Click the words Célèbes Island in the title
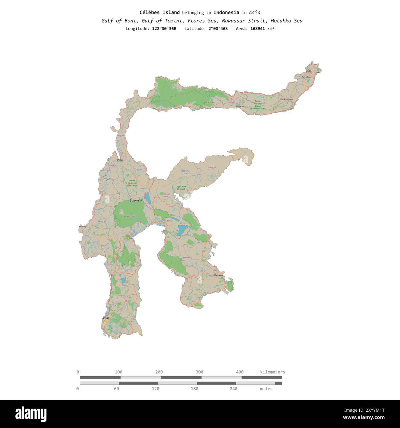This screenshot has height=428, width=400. click(159, 13)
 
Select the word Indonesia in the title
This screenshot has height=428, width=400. click(226, 13)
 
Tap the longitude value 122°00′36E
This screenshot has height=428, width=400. click(164, 29)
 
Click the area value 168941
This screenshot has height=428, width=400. click(258, 29)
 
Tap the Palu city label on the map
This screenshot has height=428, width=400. click(120, 160)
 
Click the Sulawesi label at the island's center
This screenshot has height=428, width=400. click(136, 200)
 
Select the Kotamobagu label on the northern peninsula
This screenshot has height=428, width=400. click(286, 99)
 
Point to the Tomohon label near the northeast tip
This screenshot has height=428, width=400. click(306, 77)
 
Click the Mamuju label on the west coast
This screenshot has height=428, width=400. click(83, 227)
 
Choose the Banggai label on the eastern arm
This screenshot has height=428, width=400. click(212, 167)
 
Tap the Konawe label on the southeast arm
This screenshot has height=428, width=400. click(187, 257)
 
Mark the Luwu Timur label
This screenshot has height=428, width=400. click(167, 221)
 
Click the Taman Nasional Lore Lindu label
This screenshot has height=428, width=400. click(132, 183)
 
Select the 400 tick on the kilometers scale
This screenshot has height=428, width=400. click(240, 372)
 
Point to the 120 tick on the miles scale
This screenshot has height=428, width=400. click(156, 389)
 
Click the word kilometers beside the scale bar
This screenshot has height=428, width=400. click(272, 372)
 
